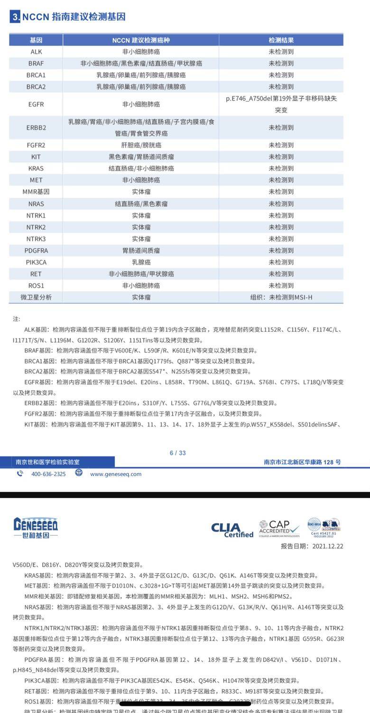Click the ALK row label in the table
click(36, 52)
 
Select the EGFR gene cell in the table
click(36, 104)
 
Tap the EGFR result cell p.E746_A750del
click(281, 104)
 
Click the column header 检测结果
click(281, 40)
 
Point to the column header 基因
click(36, 40)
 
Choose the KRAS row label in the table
click(36, 168)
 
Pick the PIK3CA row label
click(36, 262)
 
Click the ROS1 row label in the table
click(36, 285)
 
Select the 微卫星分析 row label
click(36, 297)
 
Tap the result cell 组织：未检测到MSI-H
click(281, 297)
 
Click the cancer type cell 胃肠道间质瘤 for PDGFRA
click(141, 250)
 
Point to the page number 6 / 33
click(178, 453)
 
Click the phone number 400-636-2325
click(48, 474)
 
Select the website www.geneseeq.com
click(116, 474)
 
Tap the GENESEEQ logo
click(36, 528)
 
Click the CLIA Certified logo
click(232, 530)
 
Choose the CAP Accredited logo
click(279, 528)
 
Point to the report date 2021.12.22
click(327, 546)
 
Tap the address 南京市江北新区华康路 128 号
click(302, 462)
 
